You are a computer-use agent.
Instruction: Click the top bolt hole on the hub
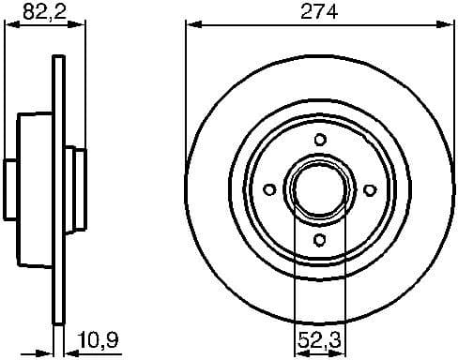coord(320,140)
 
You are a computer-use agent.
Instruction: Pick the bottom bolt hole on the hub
coord(320,240)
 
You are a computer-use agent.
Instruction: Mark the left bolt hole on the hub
coord(270,190)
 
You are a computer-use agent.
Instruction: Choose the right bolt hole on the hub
coord(370,190)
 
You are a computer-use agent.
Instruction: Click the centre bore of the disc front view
coord(320,190)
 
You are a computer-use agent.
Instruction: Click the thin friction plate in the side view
coord(58,187)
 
